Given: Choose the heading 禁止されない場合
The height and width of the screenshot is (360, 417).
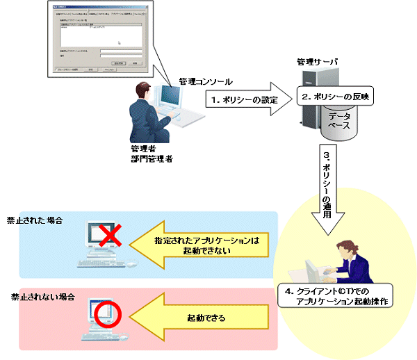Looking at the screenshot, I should [x=39, y=296].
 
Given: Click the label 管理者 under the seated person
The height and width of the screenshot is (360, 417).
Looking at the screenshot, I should [x=142, y=149].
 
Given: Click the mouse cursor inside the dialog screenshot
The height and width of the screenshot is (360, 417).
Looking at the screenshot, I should [x=119, y=44].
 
